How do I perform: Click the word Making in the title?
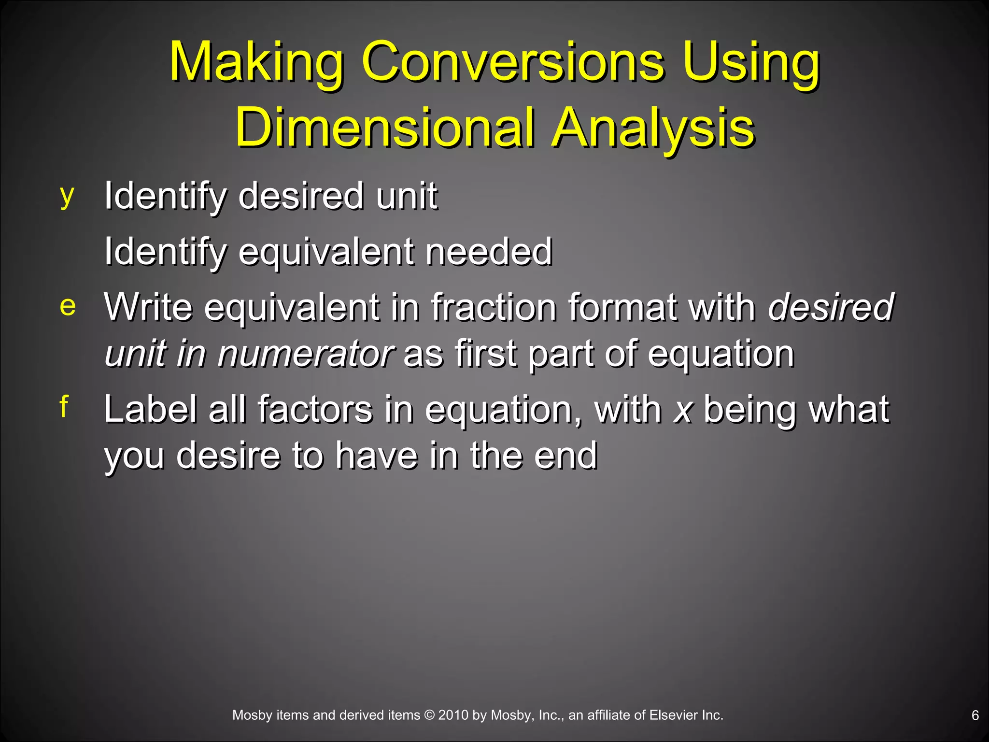point(256,63)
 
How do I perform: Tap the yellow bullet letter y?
point(67,196)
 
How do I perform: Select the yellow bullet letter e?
point(68,306)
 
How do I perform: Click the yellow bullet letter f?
point(64,406)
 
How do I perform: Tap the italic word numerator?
point(306,354)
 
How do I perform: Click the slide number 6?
point(975,715)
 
